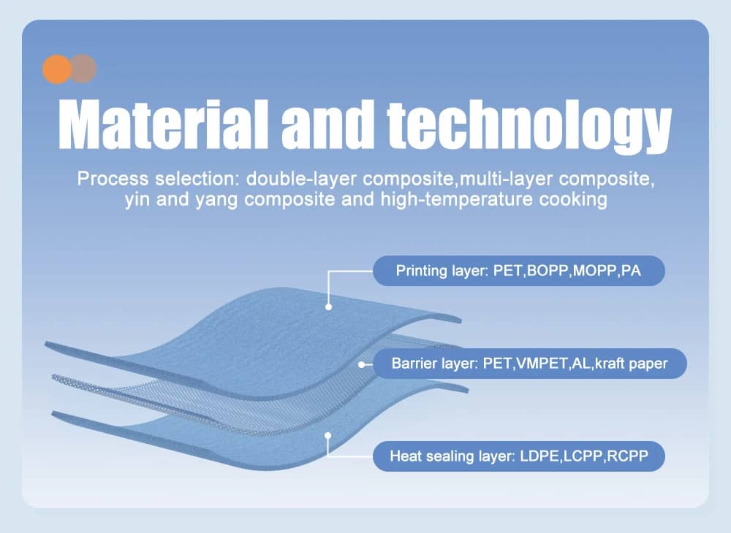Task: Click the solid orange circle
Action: point(57,69)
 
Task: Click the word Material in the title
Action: point(163,124)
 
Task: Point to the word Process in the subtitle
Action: point(113,179)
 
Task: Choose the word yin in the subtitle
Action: point(137,200)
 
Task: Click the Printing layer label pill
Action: point(518,270)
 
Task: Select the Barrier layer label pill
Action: point(529,363)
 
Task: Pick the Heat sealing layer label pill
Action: point(518,456)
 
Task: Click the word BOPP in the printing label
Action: point(548,270)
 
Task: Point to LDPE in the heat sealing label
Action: point(540,456)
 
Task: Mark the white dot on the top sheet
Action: point(329,307)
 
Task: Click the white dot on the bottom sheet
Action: point(327,436)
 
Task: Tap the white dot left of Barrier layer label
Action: point(361,364)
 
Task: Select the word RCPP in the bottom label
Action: point(627,456)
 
